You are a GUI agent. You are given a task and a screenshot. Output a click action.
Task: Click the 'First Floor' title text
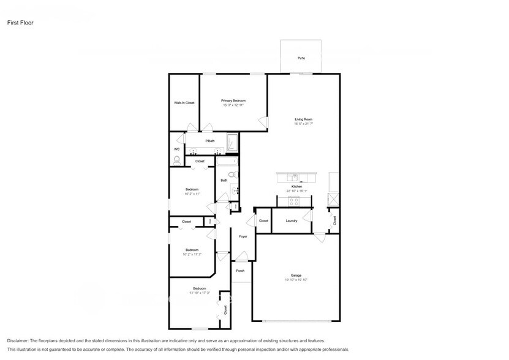point(21,23)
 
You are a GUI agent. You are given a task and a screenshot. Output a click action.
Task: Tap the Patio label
point(301,58)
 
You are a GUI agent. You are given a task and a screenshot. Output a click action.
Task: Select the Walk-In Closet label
point(184,103)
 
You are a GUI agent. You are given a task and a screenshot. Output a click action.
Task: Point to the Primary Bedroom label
point(233,100)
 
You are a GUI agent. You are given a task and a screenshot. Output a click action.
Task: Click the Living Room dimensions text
point(303,124)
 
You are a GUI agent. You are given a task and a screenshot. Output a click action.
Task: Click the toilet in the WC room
point(178,160)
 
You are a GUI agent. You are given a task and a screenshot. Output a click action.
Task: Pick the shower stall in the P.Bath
point(233,143)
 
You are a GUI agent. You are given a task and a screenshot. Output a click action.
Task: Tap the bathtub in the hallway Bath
point(227,162)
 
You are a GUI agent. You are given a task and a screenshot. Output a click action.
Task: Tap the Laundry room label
point(292,220)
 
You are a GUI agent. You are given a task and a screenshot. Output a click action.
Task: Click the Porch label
point(241,271)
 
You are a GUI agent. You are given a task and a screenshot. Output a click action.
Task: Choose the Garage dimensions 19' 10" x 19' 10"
point(296,280)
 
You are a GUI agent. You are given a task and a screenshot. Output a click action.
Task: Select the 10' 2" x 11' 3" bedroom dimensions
point(192,255)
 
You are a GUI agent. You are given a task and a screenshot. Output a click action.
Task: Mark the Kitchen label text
point(296,186)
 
